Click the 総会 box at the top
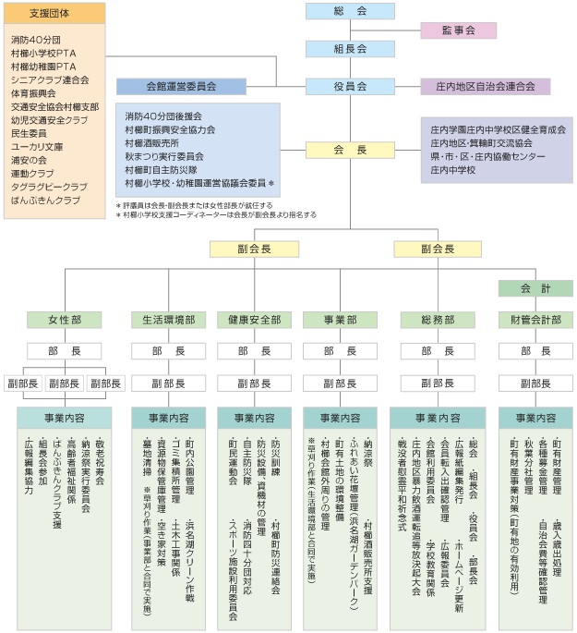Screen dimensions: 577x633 350,11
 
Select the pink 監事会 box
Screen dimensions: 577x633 459,30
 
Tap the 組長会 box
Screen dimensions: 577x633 350,49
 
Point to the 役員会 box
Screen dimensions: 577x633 350,86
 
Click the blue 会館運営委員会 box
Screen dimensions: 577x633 181,86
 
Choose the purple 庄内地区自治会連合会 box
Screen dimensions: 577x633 485,86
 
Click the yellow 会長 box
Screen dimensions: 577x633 350,151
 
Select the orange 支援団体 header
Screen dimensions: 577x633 54,13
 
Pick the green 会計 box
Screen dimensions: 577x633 535,288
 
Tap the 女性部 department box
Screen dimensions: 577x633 65,320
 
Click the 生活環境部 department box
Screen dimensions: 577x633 169,320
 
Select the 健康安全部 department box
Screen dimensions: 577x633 255,320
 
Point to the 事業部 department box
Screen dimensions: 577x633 341,320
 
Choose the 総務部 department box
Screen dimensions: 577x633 438,320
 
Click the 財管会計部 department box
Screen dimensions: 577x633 535,320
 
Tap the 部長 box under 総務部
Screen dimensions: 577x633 438,351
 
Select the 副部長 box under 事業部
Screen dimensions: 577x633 341,383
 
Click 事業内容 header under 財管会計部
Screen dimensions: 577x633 535,418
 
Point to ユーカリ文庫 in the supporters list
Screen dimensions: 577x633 37,147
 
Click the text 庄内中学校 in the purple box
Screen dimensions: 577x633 452,170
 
